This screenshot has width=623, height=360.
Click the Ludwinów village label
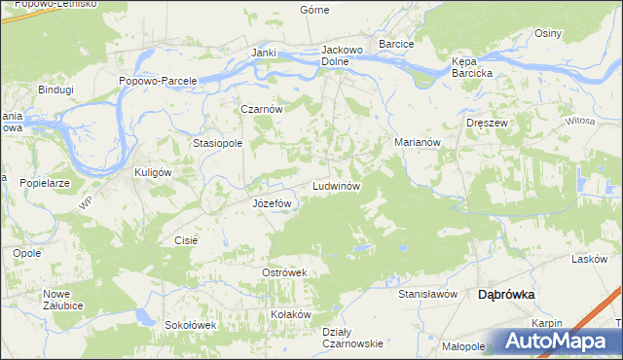(337, 185)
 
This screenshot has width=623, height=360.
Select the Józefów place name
(273, 203)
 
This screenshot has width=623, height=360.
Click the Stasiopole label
(217, 142)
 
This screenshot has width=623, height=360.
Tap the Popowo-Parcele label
(159, 81)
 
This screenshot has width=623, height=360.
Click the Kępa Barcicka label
(472, 66)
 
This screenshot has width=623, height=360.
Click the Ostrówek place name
(284, 272)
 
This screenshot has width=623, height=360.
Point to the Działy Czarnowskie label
(351, 337)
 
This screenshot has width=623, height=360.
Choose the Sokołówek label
(189, 325)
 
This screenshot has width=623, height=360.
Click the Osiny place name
(548, 33)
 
